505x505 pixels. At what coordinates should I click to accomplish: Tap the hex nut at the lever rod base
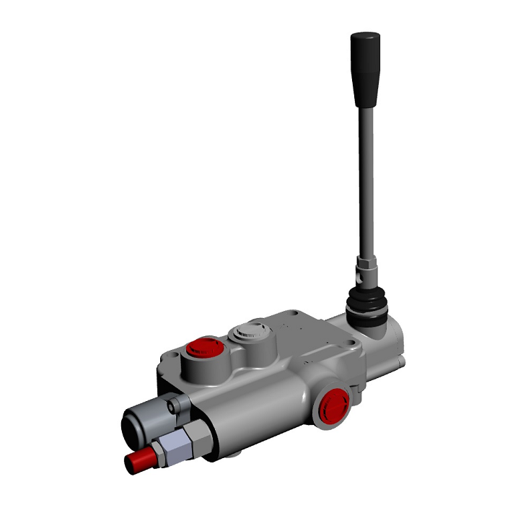365,268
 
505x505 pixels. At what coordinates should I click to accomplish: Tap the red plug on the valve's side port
333,405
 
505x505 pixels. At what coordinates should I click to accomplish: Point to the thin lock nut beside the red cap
156,453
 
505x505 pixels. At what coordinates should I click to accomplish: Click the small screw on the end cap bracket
171,408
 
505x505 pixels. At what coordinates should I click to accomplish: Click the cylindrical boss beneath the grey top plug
252,353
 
